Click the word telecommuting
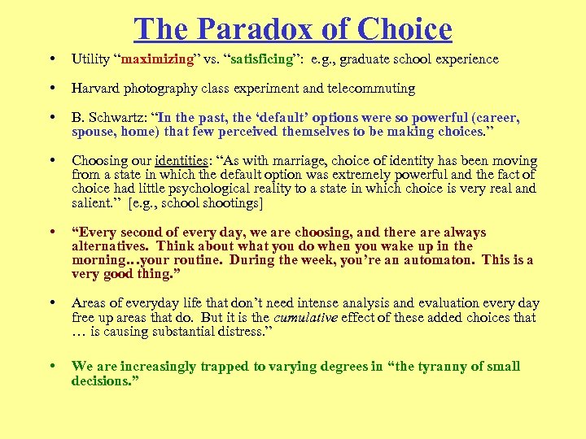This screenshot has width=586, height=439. (x=372, y=89)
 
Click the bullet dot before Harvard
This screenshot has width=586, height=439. (x=52, y=89)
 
